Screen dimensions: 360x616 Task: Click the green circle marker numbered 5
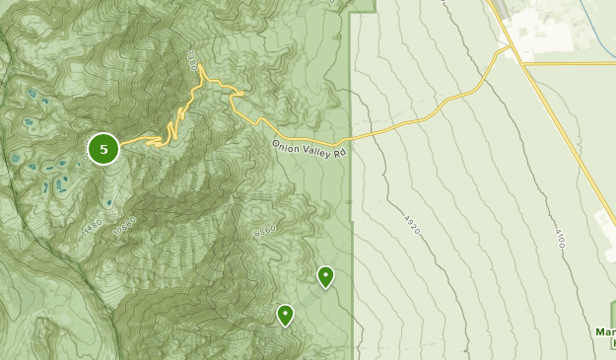(x=103, y=149)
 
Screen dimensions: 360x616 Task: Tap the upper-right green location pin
(x=325, y=276)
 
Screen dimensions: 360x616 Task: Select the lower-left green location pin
(x=285, y=315)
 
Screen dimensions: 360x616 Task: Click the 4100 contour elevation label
(x=559, y=238)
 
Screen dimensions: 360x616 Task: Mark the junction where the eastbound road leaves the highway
(x=523, y=64)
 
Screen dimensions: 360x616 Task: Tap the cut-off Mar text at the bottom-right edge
(x=605, y=332)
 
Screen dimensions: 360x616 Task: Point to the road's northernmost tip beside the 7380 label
(x=200, y=67)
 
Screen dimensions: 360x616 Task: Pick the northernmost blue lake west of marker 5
(x=32, y=94)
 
